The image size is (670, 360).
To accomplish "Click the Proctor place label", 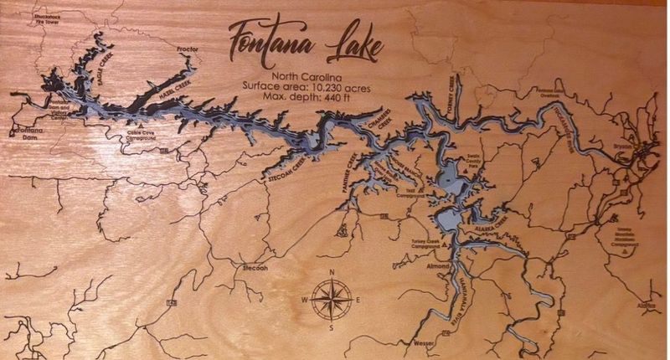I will pos(188,49).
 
